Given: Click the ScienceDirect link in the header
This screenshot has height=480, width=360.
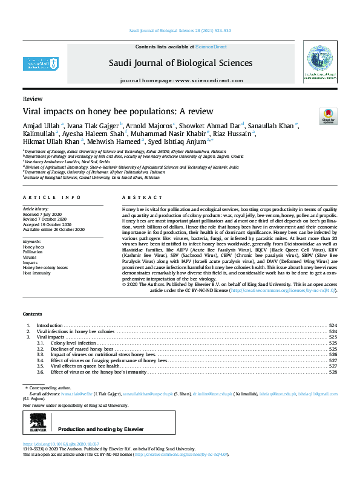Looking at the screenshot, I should click(212, 47).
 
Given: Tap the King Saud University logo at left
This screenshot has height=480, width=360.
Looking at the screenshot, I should click(41, 63).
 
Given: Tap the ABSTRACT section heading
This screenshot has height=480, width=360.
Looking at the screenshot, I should click(136, 198).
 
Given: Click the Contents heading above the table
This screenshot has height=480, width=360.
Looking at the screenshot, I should click(33, 314).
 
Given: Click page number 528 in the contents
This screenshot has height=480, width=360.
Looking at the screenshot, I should click(332, 372).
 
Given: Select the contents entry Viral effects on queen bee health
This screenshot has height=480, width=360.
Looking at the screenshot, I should click(87, 365).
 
